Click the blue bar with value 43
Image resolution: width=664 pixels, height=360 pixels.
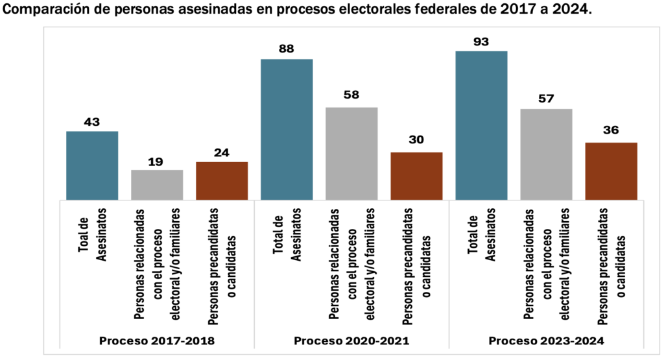(x=92, y=165)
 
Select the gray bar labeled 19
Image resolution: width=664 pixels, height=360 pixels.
(x=157, y=185)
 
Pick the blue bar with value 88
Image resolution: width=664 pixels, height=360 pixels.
(x=287, y=129)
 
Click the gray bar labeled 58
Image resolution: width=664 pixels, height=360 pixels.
(x=351, y=153)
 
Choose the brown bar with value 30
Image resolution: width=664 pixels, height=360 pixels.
(x=416, y=176)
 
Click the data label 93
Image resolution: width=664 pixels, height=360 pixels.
(x=481, y=42)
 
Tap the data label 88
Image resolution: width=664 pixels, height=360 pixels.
(x=287, y=50)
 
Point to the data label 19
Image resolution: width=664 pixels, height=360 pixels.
(x=157, y=160)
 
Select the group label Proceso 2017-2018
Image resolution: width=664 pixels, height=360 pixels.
(x=156, y=341)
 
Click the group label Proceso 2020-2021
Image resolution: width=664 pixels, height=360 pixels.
(x=351, y=341)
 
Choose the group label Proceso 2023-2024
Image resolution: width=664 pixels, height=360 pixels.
(x=546, y=341)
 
